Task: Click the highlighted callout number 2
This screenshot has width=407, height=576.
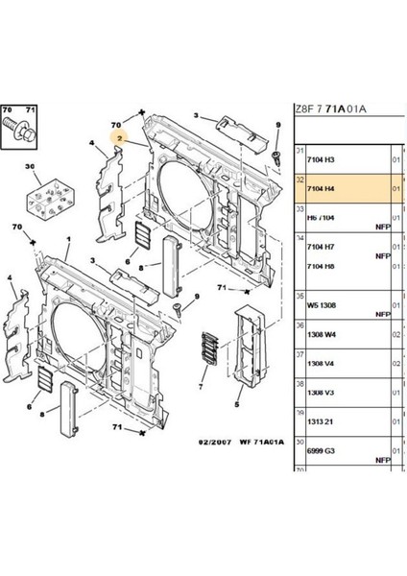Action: coord(120,138)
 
